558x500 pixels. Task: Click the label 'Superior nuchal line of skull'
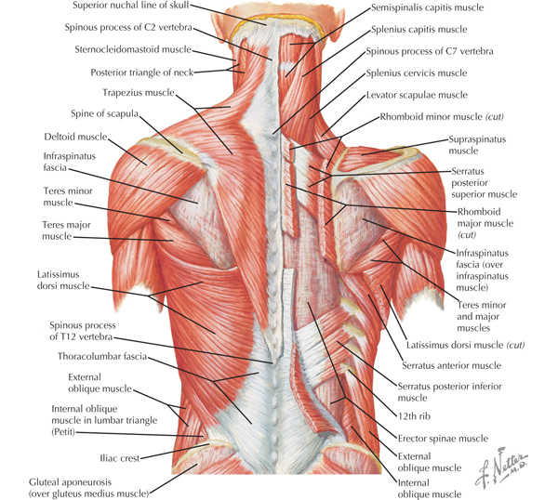click(136, 7)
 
